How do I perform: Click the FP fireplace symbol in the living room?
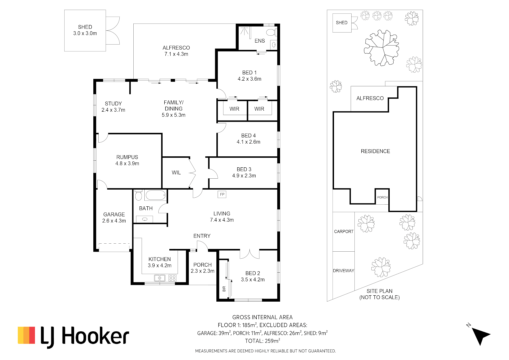coord(222,194)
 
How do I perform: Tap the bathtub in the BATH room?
coord(156,195)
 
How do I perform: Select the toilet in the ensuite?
coord(272,33)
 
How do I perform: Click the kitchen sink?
coord(160,278)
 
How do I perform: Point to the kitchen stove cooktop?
coord(172,278)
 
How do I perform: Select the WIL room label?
coord(176,173)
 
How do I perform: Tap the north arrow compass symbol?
coord(480,335)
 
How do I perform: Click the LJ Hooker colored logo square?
coord(26,335)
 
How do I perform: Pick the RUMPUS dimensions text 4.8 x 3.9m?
coord(127,163)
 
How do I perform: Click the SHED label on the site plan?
coord(342,23)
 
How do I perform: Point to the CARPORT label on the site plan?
coord(344,231)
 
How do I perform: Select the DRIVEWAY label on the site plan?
coord(343,270)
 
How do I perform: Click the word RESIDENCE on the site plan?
coord(375,151)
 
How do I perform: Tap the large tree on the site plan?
coord(382,48)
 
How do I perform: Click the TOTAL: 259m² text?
coord(262,341)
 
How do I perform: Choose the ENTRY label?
coord(202,236)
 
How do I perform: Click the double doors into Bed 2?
coord(250,254)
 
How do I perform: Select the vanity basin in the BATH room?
coord(145,219)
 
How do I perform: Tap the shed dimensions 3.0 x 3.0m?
coord(85,33)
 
